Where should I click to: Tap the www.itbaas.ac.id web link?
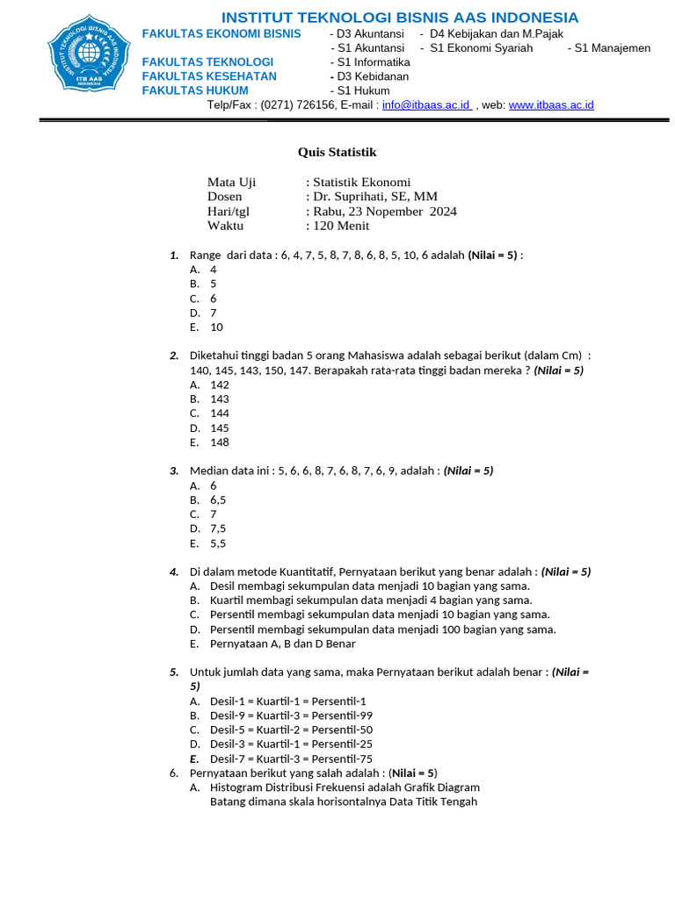pos(551,104)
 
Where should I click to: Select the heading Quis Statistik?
pos(337,152)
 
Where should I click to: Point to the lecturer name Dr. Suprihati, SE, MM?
pos(375,197)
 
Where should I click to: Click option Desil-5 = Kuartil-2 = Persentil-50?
pos(291,730)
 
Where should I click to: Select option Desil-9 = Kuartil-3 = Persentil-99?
pos(291,716)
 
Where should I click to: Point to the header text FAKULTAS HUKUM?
pos(195,90)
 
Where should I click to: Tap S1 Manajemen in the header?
pos(613,48)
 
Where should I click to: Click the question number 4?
pos(174,572)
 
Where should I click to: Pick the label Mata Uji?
pos(231,183)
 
